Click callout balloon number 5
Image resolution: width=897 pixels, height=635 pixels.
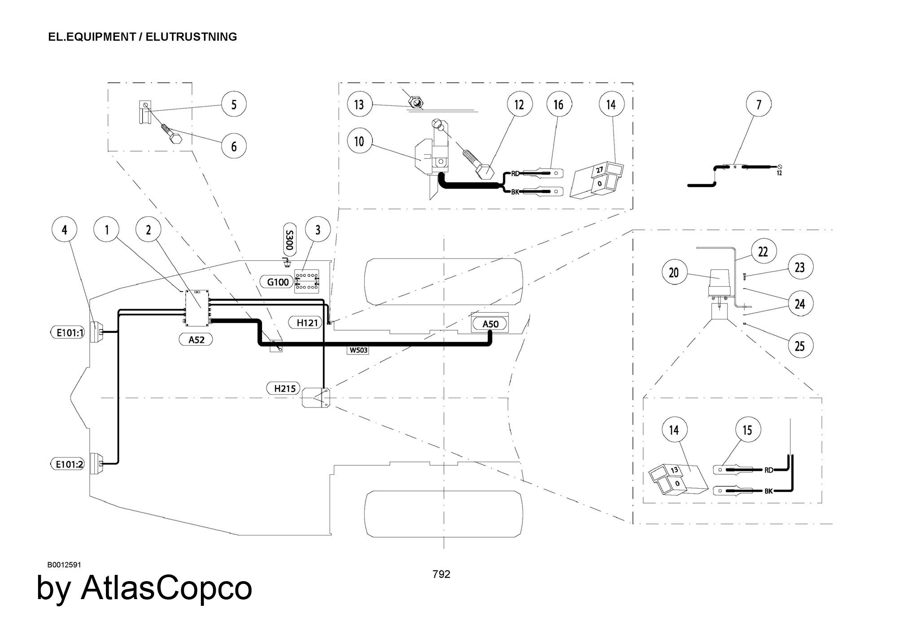click(x=234, y=105)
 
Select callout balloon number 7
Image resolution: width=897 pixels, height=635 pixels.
click(x=758, y=105)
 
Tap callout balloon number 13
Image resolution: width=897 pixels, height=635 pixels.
click(x=359, y=105)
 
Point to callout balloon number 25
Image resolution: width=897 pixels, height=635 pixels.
click(x=800, y=346)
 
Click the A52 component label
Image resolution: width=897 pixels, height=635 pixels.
click(x=196, y=340)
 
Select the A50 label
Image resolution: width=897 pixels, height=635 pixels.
click(x=490, y=324)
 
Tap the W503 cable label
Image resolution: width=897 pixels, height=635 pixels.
click(x=358, y=350)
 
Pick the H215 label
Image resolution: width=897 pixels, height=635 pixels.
click(x=285, y=388)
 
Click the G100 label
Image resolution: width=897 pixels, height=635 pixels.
click(x=278, y=282)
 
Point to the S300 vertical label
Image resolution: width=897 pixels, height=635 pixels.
click(x=289, y=240)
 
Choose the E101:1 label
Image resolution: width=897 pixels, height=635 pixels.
click(x=67, y=333)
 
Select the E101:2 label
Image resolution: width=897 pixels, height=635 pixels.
click(x=67, y=464)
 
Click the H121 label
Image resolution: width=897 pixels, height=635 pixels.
click(x=307, y=322)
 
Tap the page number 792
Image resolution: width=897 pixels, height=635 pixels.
click(x=441, y=574)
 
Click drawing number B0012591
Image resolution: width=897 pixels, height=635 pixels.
click(x=64, y=565)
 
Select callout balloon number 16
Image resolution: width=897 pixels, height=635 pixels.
click(x=558, y=105)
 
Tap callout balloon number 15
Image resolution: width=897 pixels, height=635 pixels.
click(x=747, y=430)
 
